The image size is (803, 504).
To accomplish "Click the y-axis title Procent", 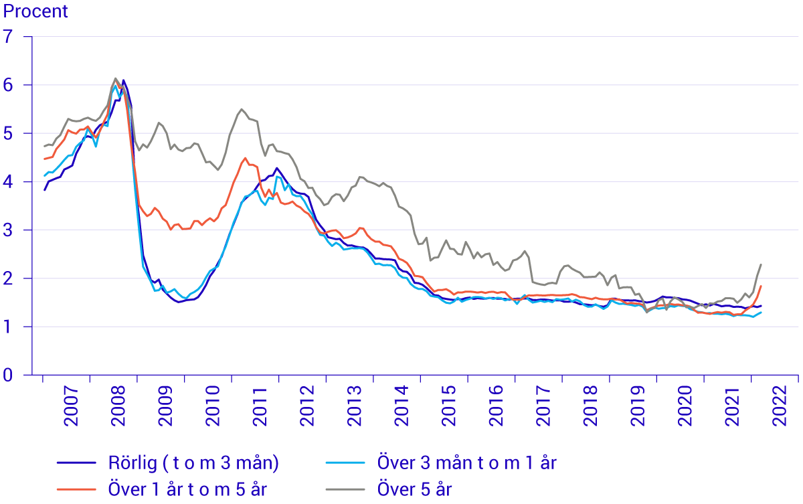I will (x=36, y=11).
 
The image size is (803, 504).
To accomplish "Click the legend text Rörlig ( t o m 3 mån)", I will (x=193, y=463).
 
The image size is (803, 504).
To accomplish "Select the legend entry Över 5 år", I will (x=415, y=489).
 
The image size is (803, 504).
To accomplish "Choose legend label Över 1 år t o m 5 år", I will (x=188, y=489).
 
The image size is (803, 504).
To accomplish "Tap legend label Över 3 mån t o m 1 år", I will (x=466, y=463).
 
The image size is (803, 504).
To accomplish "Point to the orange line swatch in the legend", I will (x=77, y=489).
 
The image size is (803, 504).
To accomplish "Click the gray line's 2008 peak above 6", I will (x=115, y=78).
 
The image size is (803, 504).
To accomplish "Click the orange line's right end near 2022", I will (x=762, y=286).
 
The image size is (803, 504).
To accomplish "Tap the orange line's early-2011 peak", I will (x=246, y=158).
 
